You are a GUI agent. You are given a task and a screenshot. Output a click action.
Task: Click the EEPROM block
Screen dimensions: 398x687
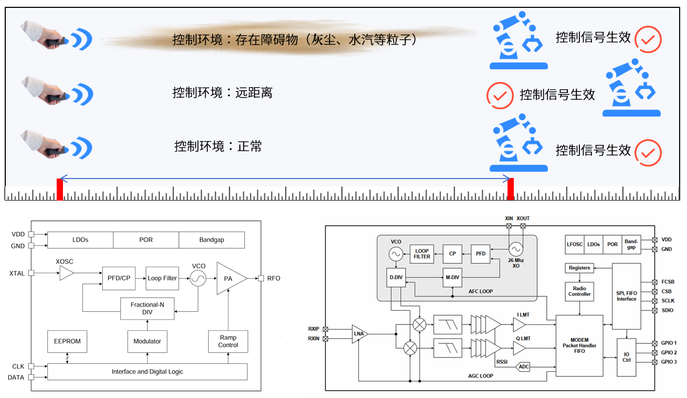coord(67,341)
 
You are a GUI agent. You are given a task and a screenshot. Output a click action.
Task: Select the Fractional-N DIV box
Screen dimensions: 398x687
coord(147,308)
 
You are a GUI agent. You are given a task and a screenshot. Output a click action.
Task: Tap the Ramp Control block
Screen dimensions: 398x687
coord(228,341)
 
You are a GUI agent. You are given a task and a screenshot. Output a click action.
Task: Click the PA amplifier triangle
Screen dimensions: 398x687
coord(229,278)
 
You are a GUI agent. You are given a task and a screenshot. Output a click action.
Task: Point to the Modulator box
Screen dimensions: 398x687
coord(147,341)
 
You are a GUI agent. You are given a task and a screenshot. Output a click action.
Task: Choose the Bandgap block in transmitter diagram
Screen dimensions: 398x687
coord(212,240)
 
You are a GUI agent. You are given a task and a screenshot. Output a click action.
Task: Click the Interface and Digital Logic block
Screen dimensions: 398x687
coord(147,372)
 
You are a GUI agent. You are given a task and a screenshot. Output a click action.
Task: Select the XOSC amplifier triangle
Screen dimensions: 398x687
coord(66,273)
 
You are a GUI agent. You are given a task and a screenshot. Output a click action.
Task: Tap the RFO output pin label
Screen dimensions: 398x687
coord(273,278)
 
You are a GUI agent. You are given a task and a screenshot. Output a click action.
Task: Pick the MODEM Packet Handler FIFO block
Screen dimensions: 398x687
coord(579,345)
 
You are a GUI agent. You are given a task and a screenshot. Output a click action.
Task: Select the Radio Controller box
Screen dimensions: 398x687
coord(579,291)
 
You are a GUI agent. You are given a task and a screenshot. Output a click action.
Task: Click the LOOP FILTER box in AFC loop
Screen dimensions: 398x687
coord(422,254)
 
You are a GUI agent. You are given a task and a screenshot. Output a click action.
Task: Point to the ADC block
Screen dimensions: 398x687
coord(523,367)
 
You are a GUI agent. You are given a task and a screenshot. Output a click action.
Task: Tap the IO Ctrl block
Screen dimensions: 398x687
coord(626,358)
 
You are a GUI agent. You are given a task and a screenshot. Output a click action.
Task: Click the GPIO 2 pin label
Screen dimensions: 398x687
coord(669,352)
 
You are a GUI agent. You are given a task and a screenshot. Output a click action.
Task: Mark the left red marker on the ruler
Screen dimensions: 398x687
coord(60,189)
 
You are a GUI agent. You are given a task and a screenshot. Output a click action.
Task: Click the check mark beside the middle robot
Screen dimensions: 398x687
coord(500,96)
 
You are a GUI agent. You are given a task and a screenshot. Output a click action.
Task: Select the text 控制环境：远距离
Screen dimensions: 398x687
coord(223,93)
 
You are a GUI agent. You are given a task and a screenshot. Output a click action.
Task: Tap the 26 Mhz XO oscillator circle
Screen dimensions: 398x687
coord(515,248)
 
